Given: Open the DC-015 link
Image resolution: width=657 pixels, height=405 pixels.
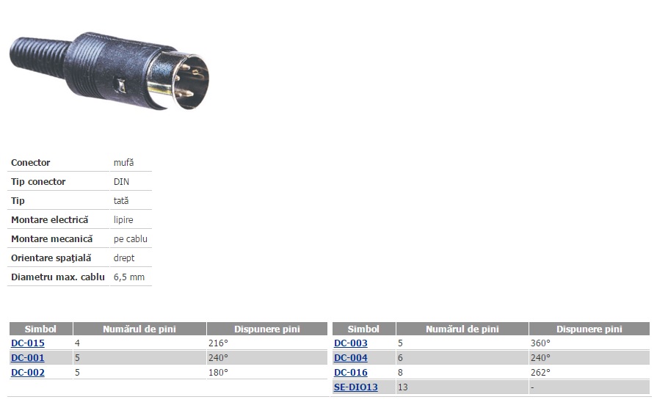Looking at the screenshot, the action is [28, 343].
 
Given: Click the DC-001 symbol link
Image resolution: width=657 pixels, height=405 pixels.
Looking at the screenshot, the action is [28, 357].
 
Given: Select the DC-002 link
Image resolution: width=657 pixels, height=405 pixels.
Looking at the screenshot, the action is [28, 372].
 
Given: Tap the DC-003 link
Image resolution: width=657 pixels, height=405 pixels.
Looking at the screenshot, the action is [351, 343].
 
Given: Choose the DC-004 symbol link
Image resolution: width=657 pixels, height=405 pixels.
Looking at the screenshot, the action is [351, 357].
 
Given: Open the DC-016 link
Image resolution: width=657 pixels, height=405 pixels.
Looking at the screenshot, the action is [351, 372].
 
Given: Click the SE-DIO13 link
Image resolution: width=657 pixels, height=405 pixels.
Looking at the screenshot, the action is [356, 387].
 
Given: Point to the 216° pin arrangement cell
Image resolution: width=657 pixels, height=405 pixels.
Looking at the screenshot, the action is [218, 343].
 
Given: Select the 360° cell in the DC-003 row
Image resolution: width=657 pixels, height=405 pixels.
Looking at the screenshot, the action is [540, 343].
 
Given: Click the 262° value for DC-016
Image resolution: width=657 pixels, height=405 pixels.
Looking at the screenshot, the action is [540, 372].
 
